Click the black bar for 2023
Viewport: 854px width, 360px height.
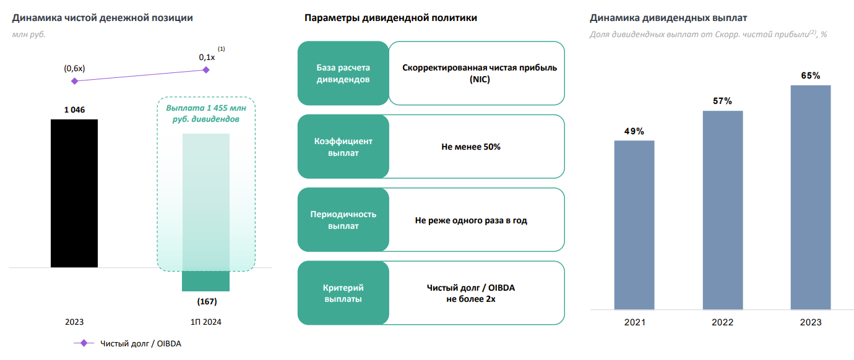coord(74,193)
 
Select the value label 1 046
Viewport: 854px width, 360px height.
coord(74,110)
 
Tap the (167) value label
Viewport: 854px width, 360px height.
coord(207,302)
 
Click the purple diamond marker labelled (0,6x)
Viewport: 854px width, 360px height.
coord(75,81)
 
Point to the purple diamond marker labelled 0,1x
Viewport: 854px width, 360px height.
coord(207,70)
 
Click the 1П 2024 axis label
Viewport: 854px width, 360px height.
coord(206,322)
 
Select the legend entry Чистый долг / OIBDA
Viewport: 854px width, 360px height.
coord(136,343)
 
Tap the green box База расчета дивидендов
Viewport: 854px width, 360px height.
coord(343,73)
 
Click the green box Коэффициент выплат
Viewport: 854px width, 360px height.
coord(343,147)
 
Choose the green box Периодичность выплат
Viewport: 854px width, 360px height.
coord(343,220)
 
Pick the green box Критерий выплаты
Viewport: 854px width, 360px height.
coord(343,293)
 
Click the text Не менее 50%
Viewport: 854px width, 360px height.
coord(471,147)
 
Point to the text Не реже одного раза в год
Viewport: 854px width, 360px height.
coord(471,220)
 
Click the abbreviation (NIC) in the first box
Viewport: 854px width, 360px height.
coord(480,79)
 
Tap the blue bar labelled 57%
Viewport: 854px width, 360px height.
coord(723,210)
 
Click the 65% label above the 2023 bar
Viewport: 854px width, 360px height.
coord(810,75)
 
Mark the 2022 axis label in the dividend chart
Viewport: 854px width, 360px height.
coord(722,322)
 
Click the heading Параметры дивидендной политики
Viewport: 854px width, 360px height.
coord(390,18)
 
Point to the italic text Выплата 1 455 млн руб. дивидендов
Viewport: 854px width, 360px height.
coord(206,113)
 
